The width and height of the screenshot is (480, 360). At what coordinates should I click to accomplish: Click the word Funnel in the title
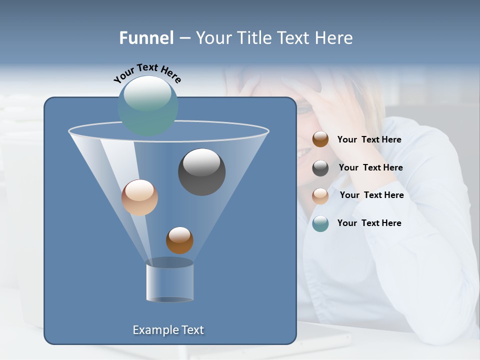pyautogui.click(x=146, y=38)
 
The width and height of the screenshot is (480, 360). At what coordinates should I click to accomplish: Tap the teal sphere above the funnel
pyautogui.click(x=148, y=105)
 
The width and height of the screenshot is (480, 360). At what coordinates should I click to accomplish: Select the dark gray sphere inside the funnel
pyautogui.click(x=201, y=172)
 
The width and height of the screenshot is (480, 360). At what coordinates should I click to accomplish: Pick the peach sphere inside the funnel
pyautogui.click(x=139, y=197)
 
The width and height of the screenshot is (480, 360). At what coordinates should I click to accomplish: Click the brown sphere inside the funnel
pyautogui.click(x=179, y=240)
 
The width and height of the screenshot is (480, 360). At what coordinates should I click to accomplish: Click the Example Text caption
pyautogui.click(x=168, y=330)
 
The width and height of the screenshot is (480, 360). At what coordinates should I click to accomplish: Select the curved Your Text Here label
pyautogui.click(x=147, y=72)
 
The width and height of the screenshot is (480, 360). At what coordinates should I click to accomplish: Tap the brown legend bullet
pyautogui.click(x=320, y=139)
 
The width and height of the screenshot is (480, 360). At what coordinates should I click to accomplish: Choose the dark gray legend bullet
pyautogui.click(x=320, y=168)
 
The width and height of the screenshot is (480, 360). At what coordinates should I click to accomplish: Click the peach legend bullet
pyautogui.click(x=320, y=196)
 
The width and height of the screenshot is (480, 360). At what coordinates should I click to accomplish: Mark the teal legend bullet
pyautogui.click(x=320, y=223)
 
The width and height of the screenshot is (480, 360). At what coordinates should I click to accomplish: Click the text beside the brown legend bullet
pyautogui.click(x=369, y=140)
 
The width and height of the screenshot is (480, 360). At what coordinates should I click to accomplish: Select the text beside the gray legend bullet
pyautogui.click(x=370, y=168)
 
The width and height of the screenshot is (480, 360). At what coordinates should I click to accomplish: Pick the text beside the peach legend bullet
pyautogui.click(x=371, y=195)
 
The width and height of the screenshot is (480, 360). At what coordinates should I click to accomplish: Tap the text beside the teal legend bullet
pyautogui.click(x=369, y=223)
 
